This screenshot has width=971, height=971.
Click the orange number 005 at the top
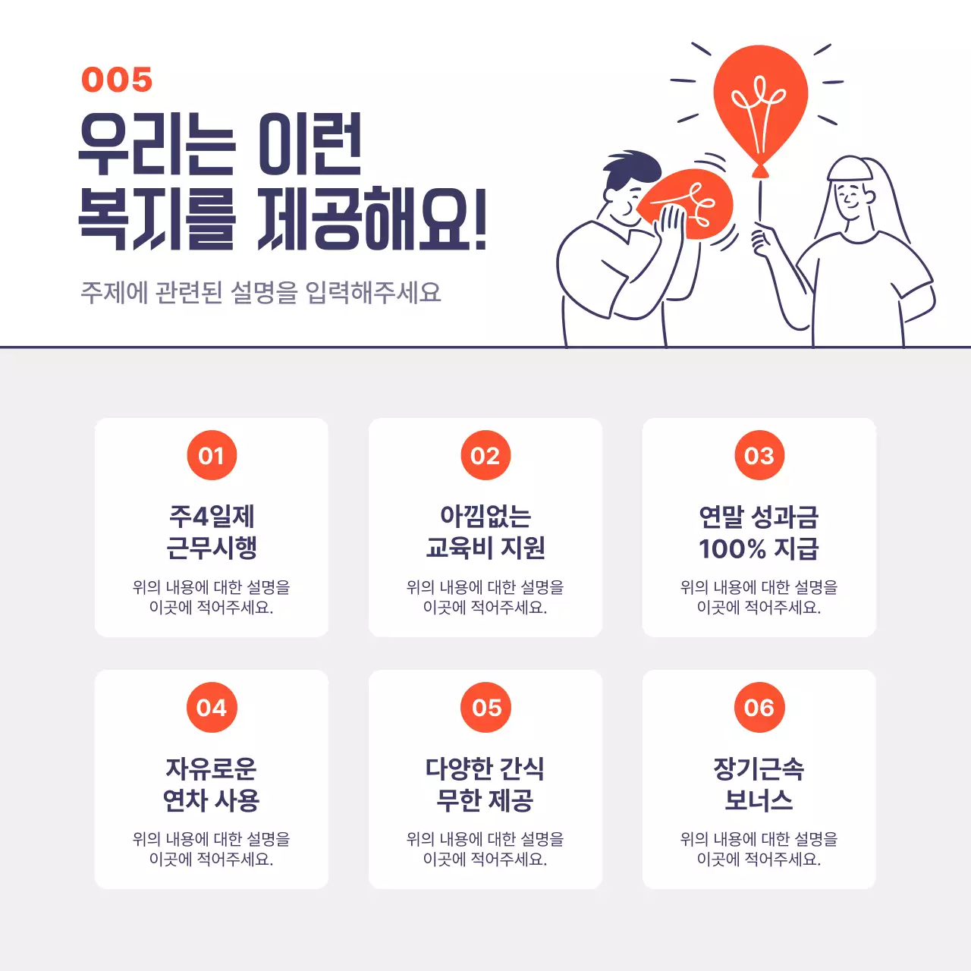point(117,80)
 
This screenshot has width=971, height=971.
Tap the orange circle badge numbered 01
point(212,455)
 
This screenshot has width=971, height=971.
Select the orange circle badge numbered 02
point(485,455)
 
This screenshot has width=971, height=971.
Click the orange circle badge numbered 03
point(759,455)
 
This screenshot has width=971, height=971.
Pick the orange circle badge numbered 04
point(212,708)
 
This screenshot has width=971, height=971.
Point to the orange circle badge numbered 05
point(485,708)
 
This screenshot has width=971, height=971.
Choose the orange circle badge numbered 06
point(759,708)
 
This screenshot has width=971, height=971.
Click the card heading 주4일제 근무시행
point(212,532)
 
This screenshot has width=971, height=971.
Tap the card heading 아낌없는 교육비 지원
point(485,532)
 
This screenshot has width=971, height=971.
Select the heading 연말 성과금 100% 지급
point(759,532)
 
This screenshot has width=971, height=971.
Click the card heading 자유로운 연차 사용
point(212,784)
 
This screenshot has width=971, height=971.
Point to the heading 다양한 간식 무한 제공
point(485,784)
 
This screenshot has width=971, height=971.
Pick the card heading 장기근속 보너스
point(759,784)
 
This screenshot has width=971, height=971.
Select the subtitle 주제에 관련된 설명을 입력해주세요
point(261,292)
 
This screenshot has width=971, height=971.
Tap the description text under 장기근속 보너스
point(759,849)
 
